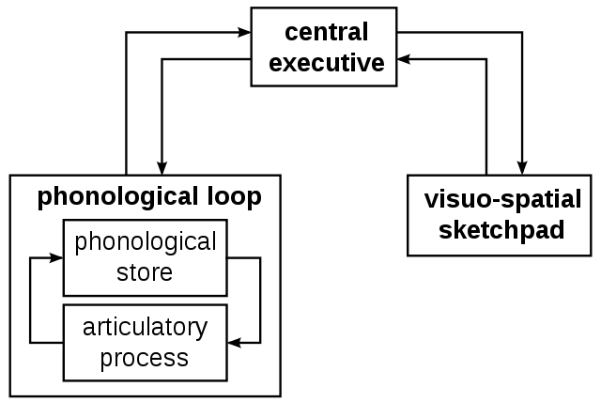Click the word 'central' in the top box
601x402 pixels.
[327, 32]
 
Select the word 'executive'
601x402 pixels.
[327, 63]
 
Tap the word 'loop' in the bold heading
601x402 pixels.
[235, 197]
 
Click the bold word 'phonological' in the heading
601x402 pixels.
[118, 197]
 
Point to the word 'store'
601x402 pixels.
[145, 272]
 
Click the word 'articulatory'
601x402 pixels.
[145, 328]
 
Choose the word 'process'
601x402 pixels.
[145, 359]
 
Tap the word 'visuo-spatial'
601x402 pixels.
[503, 200]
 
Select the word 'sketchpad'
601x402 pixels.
[501, 230]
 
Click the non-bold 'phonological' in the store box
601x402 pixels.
[146, 242]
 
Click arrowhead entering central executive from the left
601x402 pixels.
[244, 33]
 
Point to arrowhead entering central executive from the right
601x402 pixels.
[404, 59]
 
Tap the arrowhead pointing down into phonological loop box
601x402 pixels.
[162, 169]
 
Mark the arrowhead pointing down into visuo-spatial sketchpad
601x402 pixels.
[522, 169]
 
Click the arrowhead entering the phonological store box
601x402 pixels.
[56, 258]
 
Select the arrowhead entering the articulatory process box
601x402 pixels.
[234, 343]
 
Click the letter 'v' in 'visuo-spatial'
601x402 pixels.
[431, 201]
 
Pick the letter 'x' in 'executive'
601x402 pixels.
[290, 64]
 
